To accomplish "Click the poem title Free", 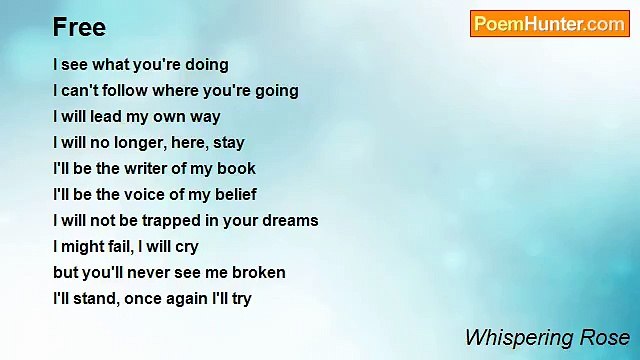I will [79, 27].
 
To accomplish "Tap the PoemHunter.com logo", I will [549, 24].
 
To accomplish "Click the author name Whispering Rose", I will [547, 337].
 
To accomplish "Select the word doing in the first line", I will [205, 65].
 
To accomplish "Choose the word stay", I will [229, 143].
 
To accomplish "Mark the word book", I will [237, 169].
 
